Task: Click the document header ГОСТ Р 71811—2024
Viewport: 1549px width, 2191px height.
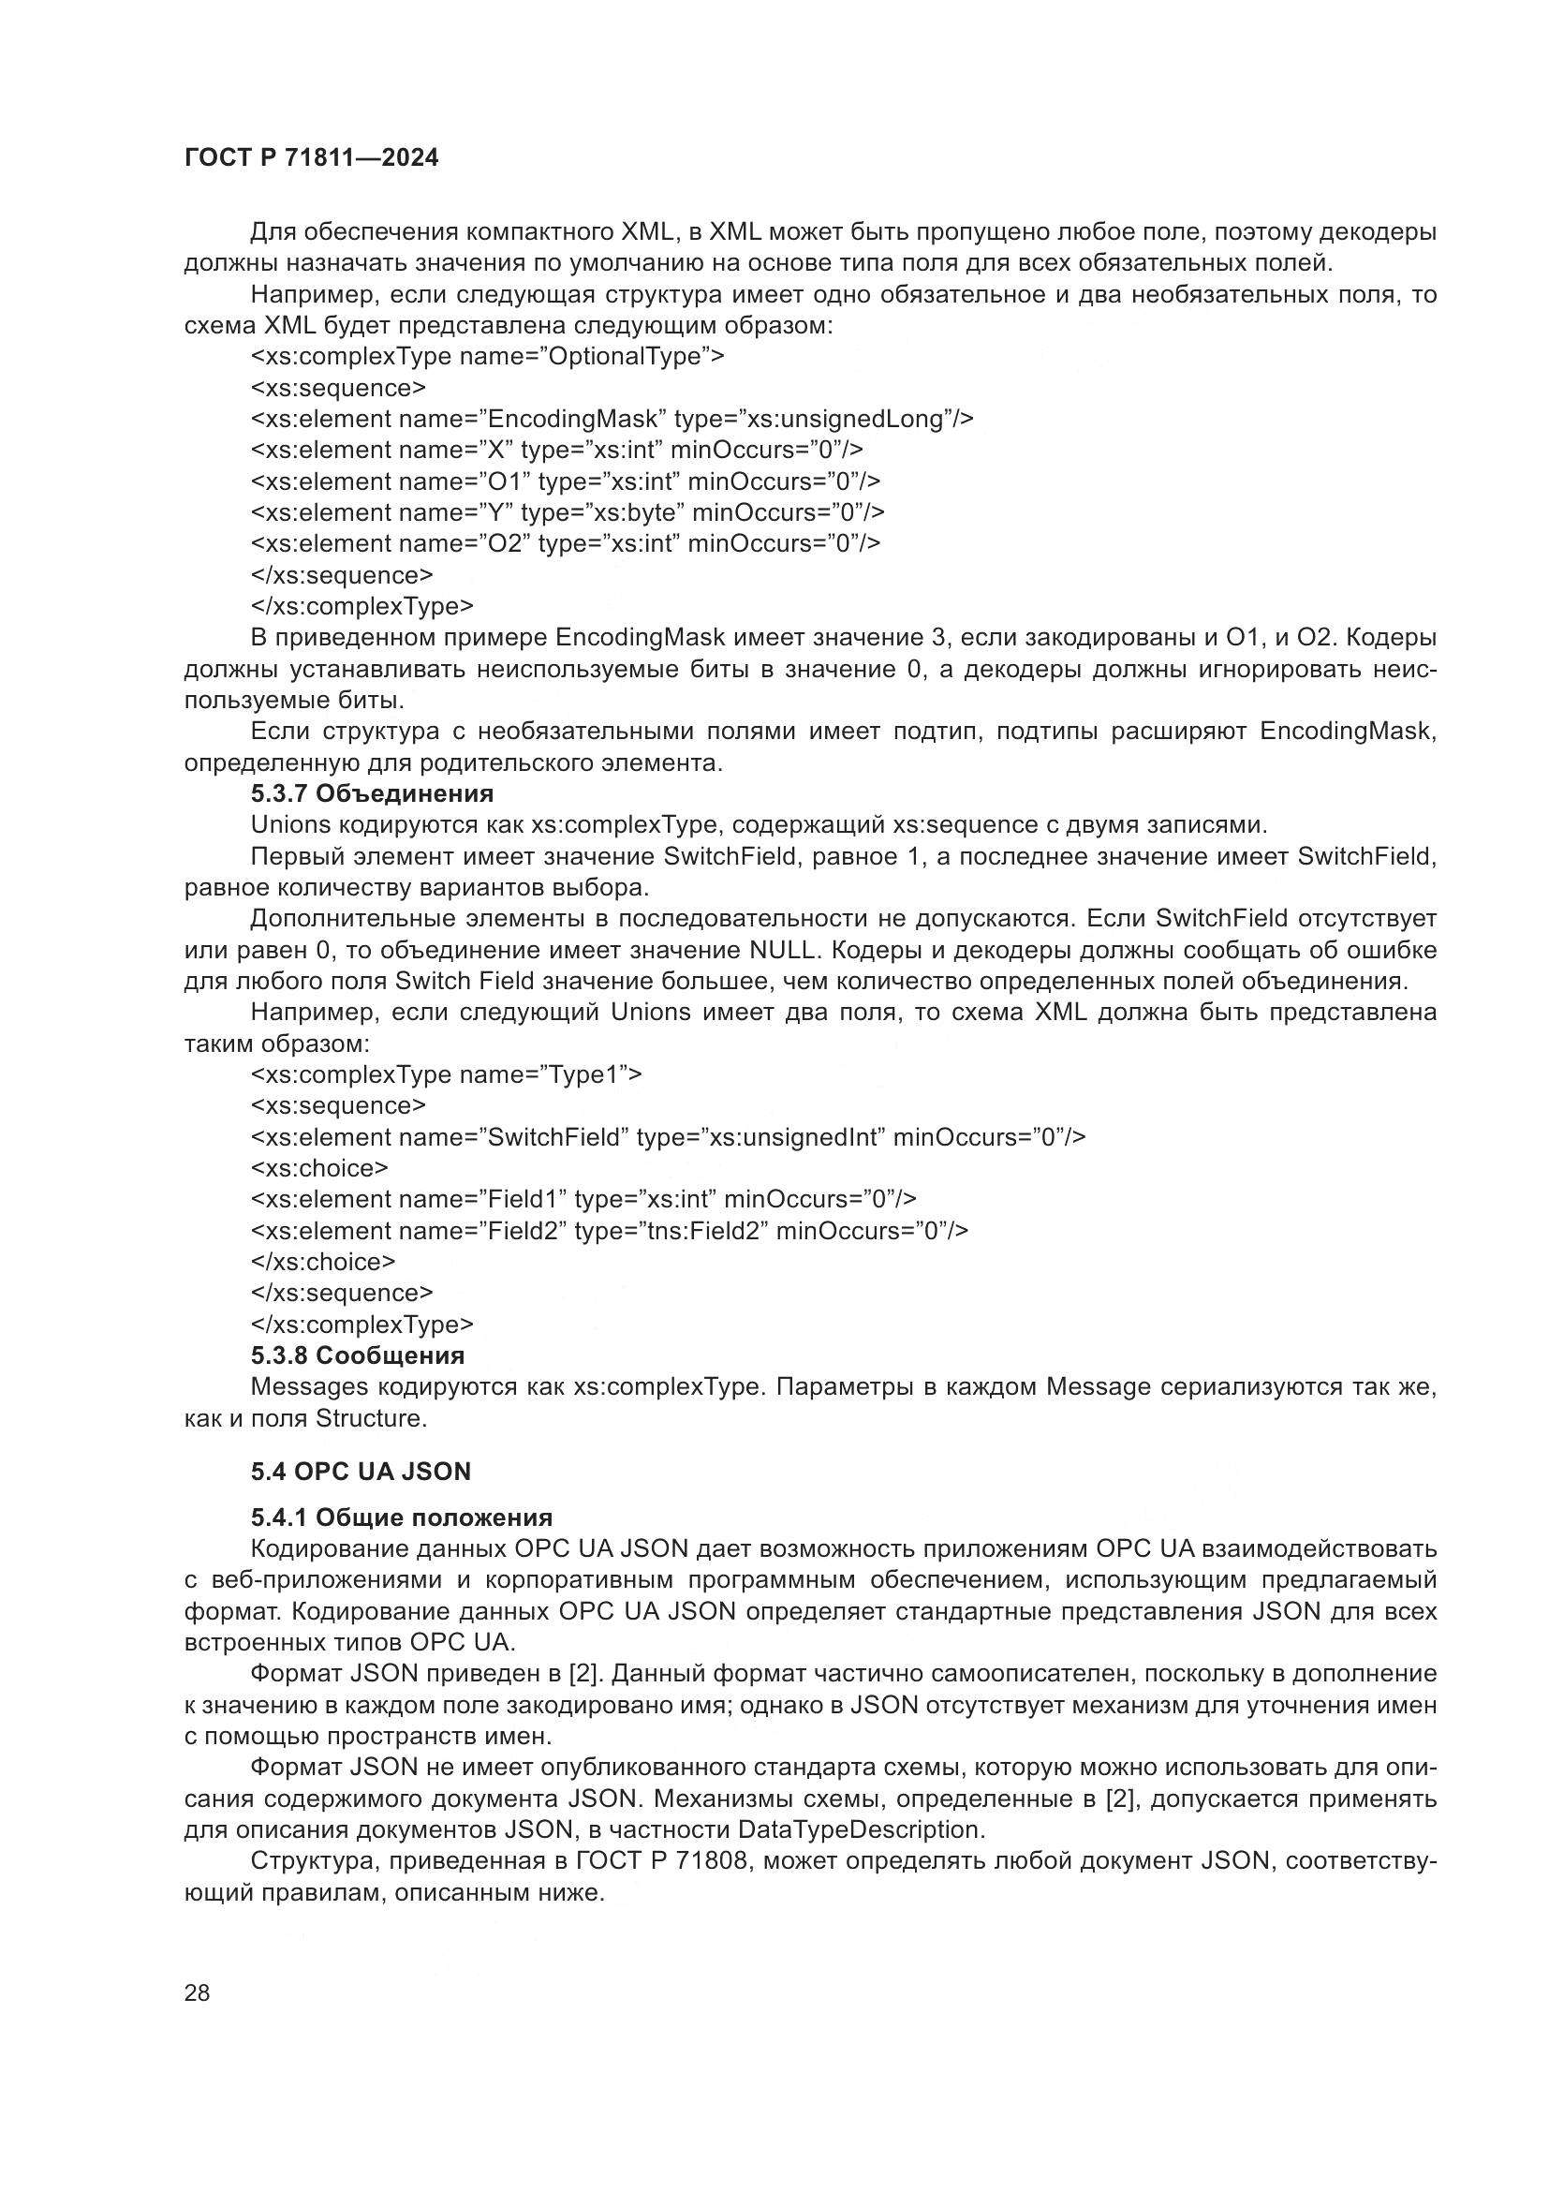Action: pos(311,158)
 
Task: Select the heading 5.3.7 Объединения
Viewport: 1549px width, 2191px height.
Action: pos(372,794)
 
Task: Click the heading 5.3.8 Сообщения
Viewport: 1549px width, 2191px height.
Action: pos(358,1356)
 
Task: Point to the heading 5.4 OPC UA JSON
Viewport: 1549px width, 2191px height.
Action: pos(361,1472)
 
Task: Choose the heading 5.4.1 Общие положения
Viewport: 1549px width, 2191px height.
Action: pos(402,1518)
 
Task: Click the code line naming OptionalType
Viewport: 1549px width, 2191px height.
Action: pos(487,357)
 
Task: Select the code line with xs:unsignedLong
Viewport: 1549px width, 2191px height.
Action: pos(612,419)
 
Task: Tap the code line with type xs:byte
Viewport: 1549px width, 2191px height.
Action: pos(568,512)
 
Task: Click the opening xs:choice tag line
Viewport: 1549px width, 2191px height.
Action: pos(319,1169)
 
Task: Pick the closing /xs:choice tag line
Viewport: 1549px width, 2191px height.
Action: pos(322,1263)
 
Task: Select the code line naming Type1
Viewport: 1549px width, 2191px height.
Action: pos(447,1075)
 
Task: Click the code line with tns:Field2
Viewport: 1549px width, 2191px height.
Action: pos(609,1231)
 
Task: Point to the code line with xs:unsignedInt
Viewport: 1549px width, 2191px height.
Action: pos(668,1137)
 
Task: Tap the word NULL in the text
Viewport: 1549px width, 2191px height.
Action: pos(781,952)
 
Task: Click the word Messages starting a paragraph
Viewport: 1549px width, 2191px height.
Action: pos(309,1387)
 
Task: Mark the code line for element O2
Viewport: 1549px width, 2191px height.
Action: pos(566,544)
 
